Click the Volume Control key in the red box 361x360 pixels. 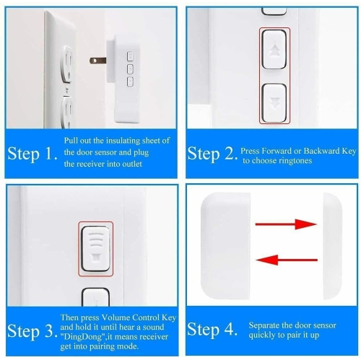95,247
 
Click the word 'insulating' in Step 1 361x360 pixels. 129,141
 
